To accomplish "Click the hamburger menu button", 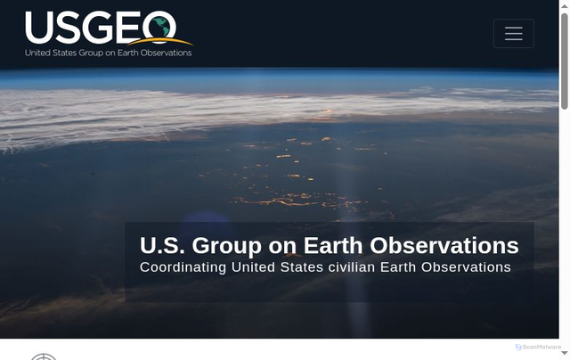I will click(513, 33).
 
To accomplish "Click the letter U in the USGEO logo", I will click(40, 29).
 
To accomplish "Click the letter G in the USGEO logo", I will click(99, 29).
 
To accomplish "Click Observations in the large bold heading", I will click(444, 246).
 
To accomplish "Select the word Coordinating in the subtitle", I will click(183, 267).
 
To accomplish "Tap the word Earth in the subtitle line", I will click(399, 267).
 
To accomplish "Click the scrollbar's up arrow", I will click(565, 4).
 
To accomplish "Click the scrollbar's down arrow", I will click(565, 355).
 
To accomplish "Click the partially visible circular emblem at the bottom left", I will click(43, 356).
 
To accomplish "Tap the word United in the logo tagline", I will click(37, 53).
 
